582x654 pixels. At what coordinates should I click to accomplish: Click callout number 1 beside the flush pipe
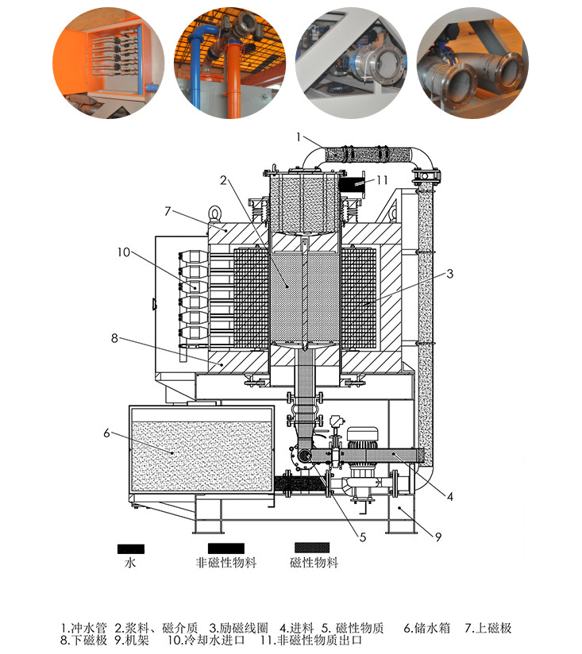point(299,137)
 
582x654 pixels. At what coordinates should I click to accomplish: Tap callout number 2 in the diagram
point(225,179)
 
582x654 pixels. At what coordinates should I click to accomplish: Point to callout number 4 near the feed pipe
point(449,498)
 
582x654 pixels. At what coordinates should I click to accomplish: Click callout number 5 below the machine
point(362,537)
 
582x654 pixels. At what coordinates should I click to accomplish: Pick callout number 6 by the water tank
point(106,432)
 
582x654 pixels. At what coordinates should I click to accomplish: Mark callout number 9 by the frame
point(437,537)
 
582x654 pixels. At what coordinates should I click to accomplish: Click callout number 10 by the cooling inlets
point(122,252)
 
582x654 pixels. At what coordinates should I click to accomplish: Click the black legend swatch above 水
point(131,548)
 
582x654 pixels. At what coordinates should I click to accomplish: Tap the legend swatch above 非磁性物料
point(225,548)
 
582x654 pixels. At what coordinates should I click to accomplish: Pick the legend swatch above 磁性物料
point(314,548)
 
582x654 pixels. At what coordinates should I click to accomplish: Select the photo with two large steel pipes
point(472,63)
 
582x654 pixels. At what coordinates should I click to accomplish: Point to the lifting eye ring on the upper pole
point(216,213)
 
